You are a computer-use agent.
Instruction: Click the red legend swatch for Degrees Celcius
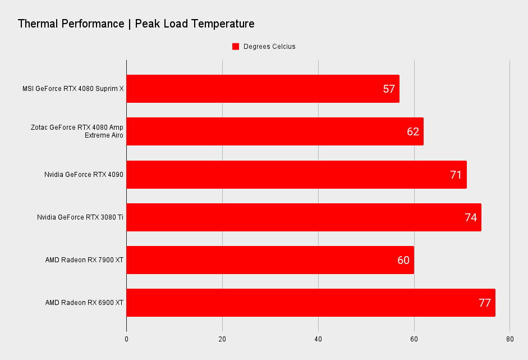point(236,47)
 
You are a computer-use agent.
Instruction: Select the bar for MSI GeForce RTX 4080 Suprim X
point(263,89)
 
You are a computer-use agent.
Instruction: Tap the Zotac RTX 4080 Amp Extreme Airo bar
point(275,131)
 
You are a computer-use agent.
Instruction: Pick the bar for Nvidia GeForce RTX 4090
point(296,175)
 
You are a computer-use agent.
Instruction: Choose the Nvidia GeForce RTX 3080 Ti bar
point(304,217)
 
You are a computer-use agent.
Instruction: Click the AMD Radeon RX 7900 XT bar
point(270,260)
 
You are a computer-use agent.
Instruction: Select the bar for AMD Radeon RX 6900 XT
point(311,303)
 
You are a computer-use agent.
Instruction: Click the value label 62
point(413,131)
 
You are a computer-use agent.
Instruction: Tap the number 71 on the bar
point(456,175)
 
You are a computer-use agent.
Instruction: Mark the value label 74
point(471,217)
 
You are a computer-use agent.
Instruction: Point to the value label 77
point(485,303)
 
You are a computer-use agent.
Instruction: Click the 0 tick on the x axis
point(126,339)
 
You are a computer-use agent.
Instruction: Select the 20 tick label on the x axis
point(222,339)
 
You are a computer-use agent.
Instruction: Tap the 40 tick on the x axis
point(318,339)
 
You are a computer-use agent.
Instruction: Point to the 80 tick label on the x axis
point(509,339)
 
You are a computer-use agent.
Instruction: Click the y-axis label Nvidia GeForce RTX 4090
point(84,175)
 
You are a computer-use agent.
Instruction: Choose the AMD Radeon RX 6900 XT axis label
point(84,303)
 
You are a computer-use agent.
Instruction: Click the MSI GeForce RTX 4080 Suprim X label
point(73,89)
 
